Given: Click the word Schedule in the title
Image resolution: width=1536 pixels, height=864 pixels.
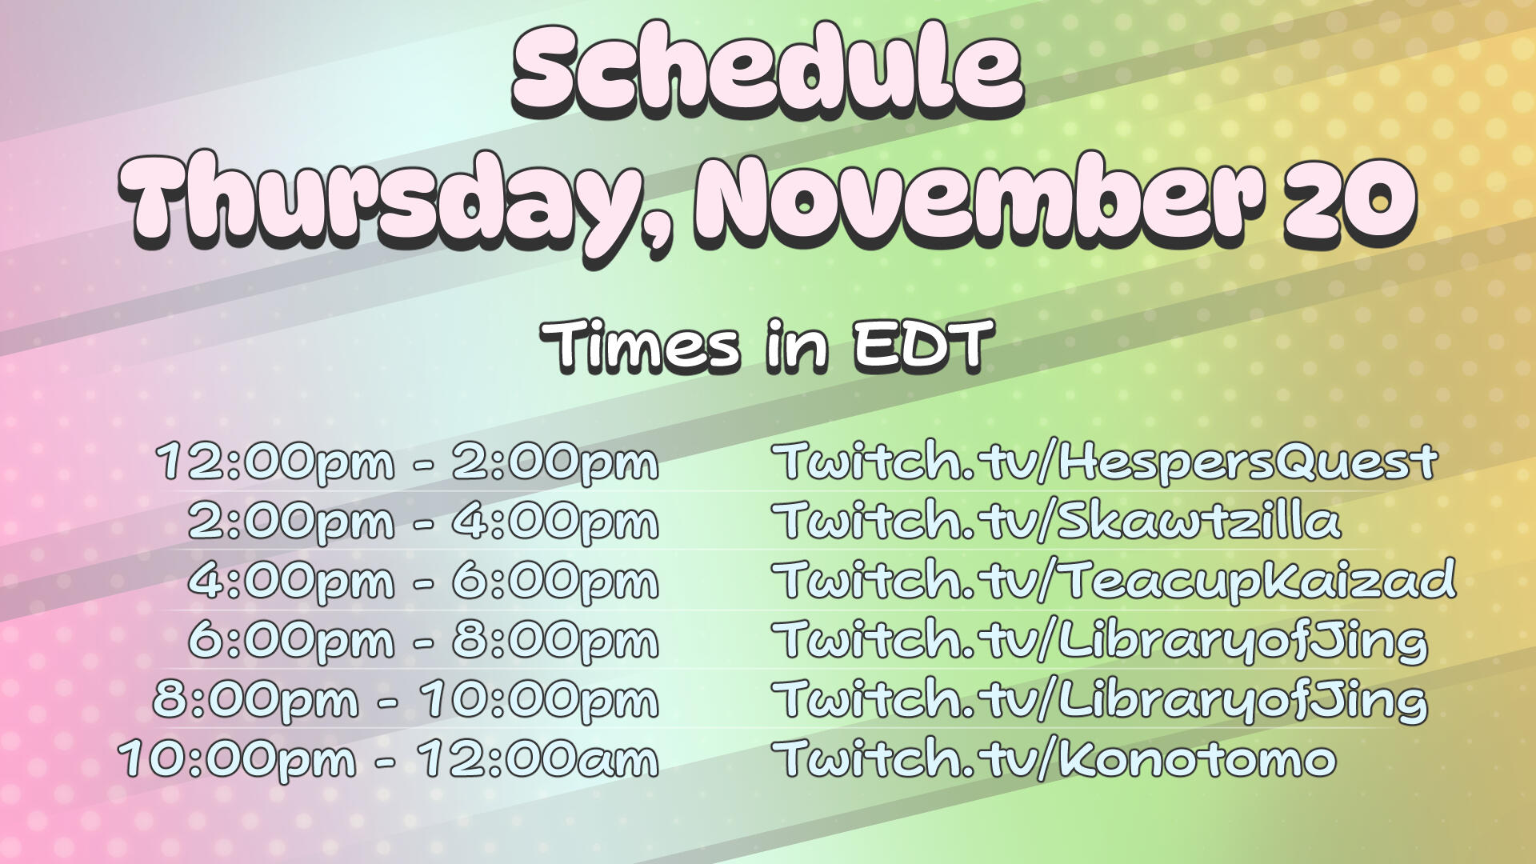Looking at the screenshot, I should pos(766,70).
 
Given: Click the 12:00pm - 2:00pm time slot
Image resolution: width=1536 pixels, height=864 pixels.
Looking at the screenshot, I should pos(407,462).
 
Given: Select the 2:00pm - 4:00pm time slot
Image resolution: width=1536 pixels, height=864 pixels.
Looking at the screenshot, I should pos(423,522).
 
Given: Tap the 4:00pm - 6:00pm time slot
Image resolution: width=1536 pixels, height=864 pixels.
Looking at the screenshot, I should pos(423,581).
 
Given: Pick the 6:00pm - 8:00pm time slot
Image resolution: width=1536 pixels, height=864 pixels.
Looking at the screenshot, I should pos(423,640).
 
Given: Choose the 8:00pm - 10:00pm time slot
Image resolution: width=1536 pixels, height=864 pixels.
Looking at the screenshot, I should pos(406,699).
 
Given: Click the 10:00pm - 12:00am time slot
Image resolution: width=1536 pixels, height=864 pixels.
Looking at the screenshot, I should pos(389,758).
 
